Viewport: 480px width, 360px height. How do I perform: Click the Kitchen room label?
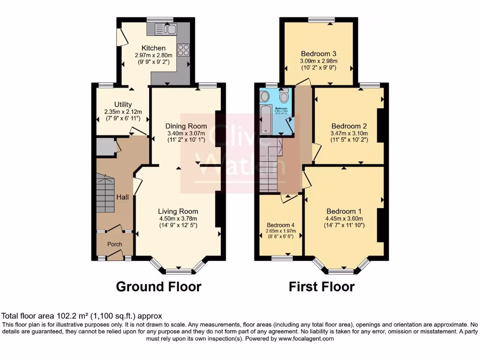point(154,48)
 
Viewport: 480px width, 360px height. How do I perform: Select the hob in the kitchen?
point(182,48)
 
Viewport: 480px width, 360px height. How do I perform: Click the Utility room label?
point(123,104)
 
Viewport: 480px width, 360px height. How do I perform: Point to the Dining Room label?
point(186,126)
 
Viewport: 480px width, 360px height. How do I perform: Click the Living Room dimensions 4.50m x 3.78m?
point(178,218)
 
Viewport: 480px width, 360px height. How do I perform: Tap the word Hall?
point(123,197)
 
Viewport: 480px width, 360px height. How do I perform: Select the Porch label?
point(115,244)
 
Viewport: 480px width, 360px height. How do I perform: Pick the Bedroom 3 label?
point(319,53)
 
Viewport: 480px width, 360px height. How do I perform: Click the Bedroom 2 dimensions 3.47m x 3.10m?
point(349,133)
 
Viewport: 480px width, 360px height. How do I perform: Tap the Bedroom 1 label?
point(345,211)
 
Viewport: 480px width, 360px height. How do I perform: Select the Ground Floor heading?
point(158,286)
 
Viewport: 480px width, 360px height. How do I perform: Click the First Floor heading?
point(322,286)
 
